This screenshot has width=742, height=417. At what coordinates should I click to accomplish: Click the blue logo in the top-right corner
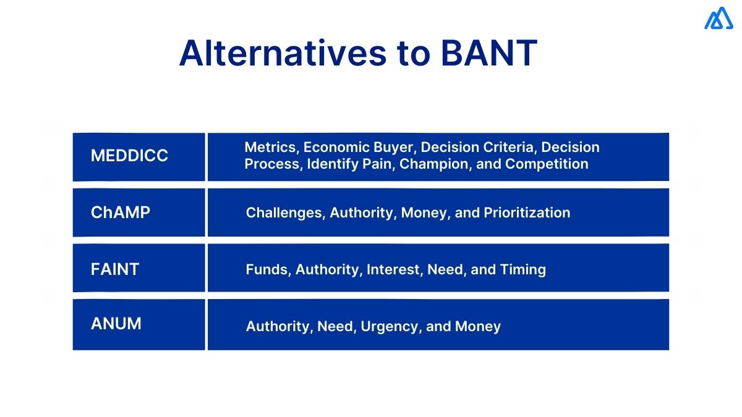[x=718, y=19]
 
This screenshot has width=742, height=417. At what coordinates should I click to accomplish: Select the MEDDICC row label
[x=129, y=156]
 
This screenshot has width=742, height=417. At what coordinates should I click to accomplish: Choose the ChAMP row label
[x=121, y=213]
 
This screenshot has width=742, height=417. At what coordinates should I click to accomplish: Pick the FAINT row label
[x=115, y=269]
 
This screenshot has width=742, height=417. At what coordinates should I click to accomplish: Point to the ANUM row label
[x=116, y=323]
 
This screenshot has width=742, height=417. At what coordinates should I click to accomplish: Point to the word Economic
[x=333, y=147]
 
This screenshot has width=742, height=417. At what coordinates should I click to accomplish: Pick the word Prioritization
[x=527, y=213]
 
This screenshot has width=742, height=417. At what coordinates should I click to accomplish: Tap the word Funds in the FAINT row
[x=268, y=269]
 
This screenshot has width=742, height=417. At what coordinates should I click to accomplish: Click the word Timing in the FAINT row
[x=524, y=269]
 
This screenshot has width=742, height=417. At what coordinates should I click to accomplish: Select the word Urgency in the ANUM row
[x=389, y=326]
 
